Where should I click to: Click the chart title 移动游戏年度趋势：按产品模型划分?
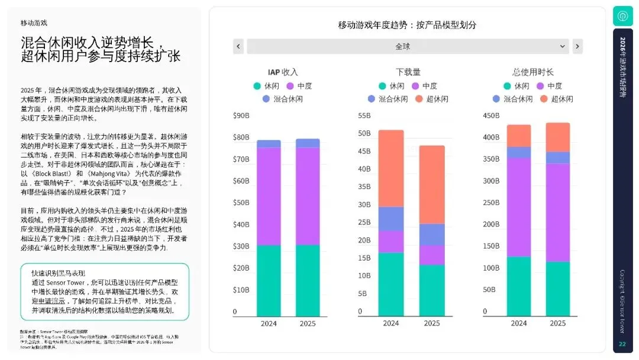407,25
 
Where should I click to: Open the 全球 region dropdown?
408,46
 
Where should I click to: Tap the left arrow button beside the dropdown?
238,46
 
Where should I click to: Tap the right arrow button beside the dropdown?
577,46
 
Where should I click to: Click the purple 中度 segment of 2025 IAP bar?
307,196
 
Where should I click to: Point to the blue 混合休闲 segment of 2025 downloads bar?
432,234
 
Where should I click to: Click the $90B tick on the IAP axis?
241,115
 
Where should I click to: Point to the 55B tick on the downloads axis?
364,115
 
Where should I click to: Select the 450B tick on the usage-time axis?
491,115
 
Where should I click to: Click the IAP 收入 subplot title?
283,72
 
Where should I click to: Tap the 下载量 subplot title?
408,72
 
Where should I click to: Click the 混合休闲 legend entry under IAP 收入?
283,99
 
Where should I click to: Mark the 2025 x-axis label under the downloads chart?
432,323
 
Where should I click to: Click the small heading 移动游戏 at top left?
34,23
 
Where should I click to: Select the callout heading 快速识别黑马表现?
58,273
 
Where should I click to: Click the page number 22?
622,345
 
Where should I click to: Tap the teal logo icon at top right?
622,16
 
